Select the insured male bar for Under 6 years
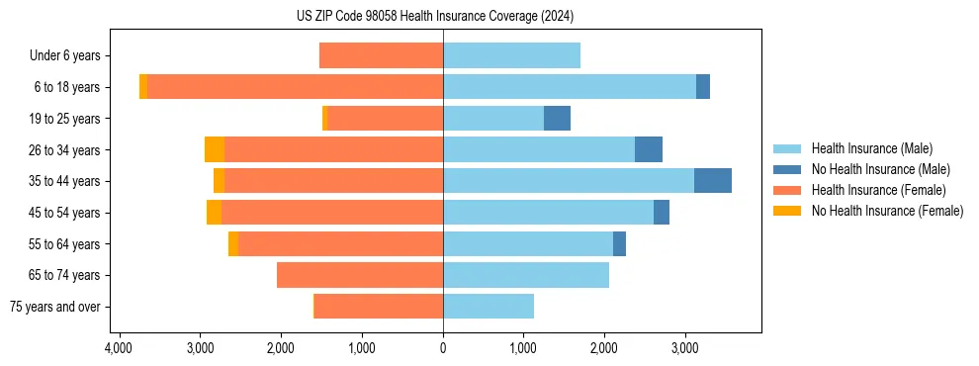[x=511, y=55]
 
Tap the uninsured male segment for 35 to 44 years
[x=713, y=181]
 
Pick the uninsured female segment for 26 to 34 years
[x=215, y=149]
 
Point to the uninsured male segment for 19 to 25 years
[x=557, y=119]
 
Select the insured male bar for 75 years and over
[x=489, y=307]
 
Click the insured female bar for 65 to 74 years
[x=360, y=275]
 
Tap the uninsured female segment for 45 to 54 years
[x=215, y=213]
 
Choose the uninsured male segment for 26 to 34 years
[x=649, y=149]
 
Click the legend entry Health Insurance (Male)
[x=871, y=148]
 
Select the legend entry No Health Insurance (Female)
[x=887, y=211]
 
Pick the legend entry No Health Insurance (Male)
[x=880, y=169]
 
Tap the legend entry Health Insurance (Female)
[x=878, y=190]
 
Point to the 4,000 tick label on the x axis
[x=119, y=348]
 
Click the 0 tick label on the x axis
[x=443, y=348]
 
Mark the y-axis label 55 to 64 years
[x=65, y=244]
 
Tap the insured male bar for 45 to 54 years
[x=548, y=213]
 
